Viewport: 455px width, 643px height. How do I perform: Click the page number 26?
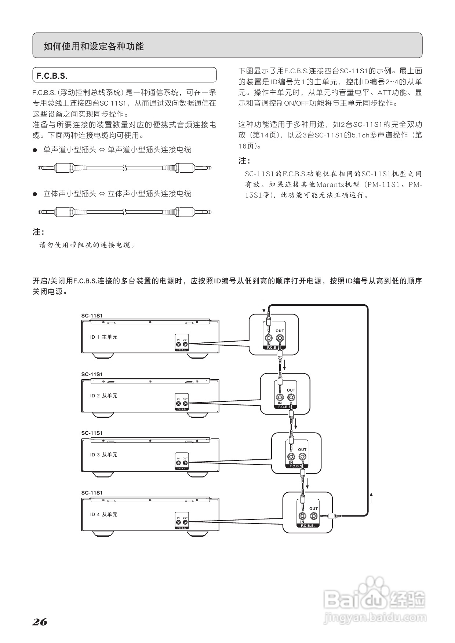coord(40,622)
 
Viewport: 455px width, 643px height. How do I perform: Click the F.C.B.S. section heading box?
coord(124,76)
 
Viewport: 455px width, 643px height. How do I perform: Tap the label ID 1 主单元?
coord(104,337)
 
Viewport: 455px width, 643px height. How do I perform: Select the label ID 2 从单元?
coord(104,396)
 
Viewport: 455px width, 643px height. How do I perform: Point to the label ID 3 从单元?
coord(104,455)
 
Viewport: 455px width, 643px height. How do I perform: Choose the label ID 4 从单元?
coord(104,514)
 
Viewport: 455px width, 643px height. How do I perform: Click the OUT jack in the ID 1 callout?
coord(280,338)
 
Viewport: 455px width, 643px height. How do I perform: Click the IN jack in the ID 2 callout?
coord(280,397)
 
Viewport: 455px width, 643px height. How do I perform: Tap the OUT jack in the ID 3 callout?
coord(302,457)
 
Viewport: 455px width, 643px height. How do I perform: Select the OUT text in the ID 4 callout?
coord(313,508)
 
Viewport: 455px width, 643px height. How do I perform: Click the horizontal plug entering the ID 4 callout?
coord(331,516)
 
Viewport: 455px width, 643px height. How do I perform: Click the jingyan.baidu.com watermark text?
coord(375,618)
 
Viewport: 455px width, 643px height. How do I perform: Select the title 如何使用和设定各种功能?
coord(94,46)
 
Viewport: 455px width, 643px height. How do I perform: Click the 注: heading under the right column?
coord(244,161)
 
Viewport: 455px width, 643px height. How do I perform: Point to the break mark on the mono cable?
coord(125,168)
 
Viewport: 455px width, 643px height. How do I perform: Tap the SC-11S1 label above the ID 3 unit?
coord(92,433)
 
